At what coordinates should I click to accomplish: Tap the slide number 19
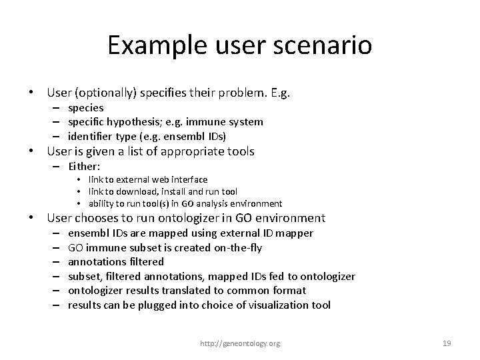click(x=447, y=343)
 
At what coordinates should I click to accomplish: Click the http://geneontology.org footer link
click(x=241, y=343)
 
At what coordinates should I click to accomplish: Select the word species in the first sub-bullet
click(x=85, y=107)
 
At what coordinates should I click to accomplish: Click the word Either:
click(x=85, y=165)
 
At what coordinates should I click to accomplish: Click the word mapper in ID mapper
click(x=295, y=233)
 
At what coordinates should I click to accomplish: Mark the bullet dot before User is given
click(x=30, y=151)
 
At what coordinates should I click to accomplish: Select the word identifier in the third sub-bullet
click(x=91, y=136)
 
